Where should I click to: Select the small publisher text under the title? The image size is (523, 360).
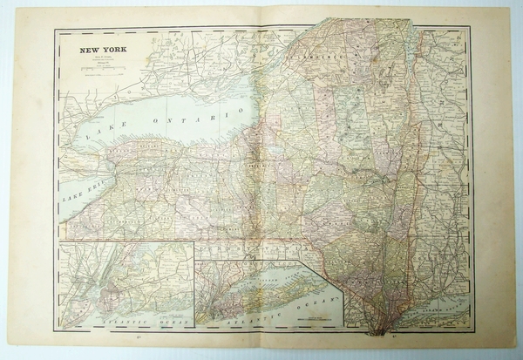[105, 59]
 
